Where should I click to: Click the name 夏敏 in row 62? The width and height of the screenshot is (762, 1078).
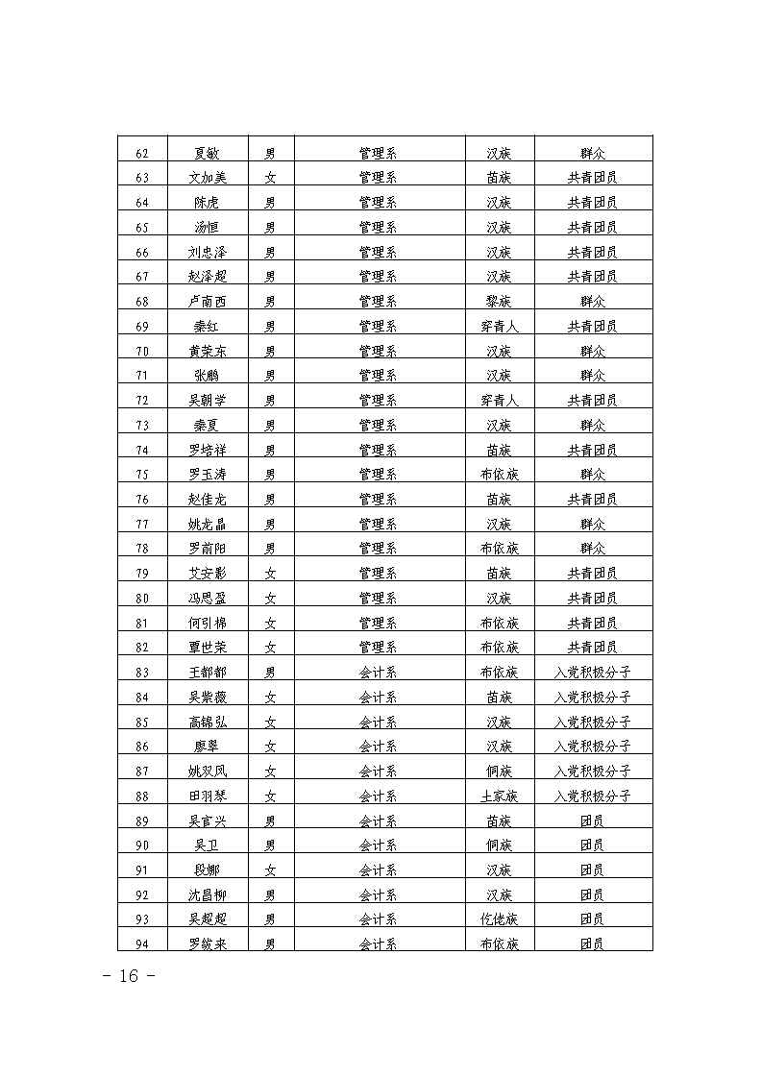(x=207, y=153)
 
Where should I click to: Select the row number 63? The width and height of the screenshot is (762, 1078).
(x=142, y=178)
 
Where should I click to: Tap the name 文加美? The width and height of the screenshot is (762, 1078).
(x=207, y=178)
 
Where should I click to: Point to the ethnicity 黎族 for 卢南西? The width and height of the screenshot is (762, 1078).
(x=499, y=302)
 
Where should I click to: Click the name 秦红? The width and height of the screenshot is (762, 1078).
(x=207, y=327)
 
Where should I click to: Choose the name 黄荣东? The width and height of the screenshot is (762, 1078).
(x=207, y=352)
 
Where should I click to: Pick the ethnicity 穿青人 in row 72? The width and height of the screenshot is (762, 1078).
(x=499, y=401)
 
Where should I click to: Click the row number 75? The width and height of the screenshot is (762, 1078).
(x=142, y=475)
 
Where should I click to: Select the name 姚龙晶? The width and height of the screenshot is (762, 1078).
(x=207, y=525)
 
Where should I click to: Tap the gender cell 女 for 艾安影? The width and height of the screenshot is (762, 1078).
(x=270, y=574)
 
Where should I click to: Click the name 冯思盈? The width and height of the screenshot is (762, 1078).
(x=207, y=599)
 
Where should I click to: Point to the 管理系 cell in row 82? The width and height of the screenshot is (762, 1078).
(x=378, y=648)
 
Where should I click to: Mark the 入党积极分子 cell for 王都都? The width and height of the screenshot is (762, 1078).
(x=592, y=673)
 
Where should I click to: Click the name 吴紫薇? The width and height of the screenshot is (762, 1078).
(x=207, y=698)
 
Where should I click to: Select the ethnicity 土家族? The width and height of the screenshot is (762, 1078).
(x=499, y=796)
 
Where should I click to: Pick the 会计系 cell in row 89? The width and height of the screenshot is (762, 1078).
(x=378, y=821)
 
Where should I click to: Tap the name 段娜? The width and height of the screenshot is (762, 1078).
(x=207, y=870)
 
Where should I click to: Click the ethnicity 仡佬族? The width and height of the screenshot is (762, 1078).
(x=499, y=919)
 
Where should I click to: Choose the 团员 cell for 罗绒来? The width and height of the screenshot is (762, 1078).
(x=592, y=944)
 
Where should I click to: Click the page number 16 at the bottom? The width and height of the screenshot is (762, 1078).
(x=129, y=977)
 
